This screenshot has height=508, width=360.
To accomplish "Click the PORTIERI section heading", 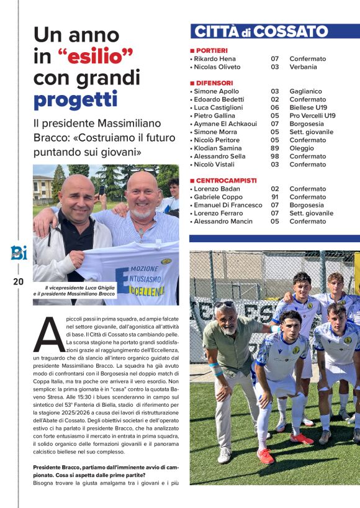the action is (211, 50).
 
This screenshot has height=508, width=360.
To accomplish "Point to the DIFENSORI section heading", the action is (214, 83).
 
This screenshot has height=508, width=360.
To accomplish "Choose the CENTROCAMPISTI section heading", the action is (225, 180).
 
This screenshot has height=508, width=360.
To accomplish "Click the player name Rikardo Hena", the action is (215, 58).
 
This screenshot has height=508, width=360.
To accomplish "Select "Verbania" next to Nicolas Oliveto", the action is (303, 66).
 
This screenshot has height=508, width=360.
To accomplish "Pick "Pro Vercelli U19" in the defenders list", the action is (312, 116).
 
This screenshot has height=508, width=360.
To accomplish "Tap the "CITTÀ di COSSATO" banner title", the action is (261, 32).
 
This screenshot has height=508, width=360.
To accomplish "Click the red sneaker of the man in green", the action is (266, 456).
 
